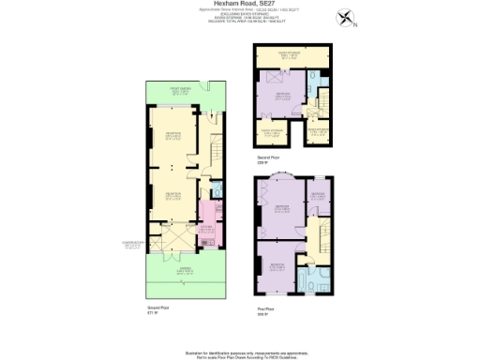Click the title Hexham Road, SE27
[240, 4]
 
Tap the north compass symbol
[349, 17]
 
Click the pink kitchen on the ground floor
[208, 232]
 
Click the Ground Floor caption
[157, 306]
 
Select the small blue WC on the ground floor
[217, 192]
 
